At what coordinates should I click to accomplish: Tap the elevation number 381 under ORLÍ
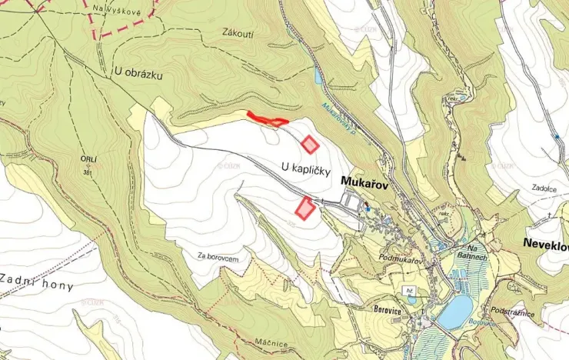point(88,173)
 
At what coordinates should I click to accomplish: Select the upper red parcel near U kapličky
point(310,144)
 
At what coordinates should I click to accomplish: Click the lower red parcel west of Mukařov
point(305,208)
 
